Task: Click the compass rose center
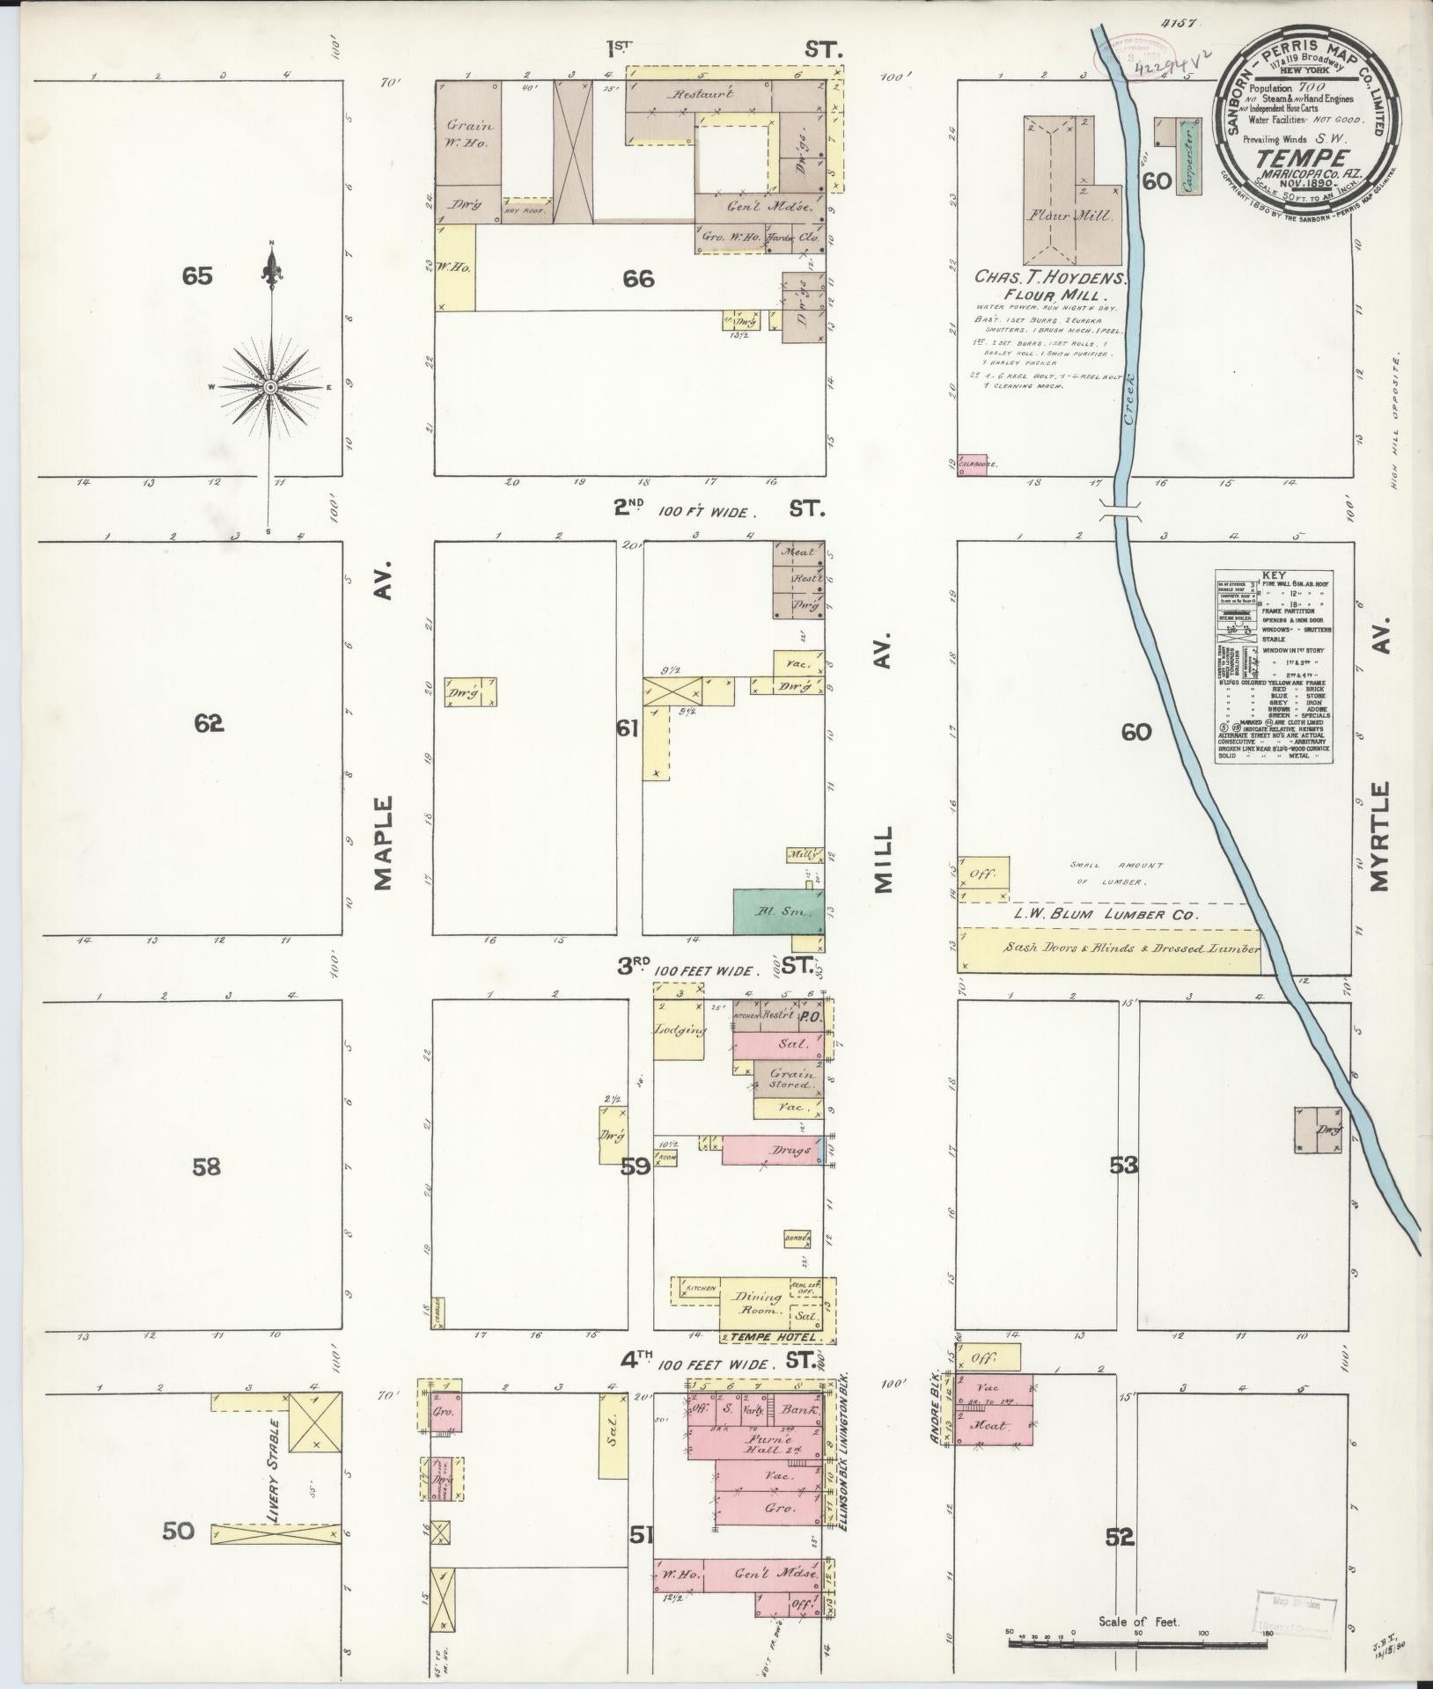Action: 271,386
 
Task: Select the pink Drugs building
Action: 770,1150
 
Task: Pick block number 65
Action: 197,276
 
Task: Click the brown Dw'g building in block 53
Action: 1317,1130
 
